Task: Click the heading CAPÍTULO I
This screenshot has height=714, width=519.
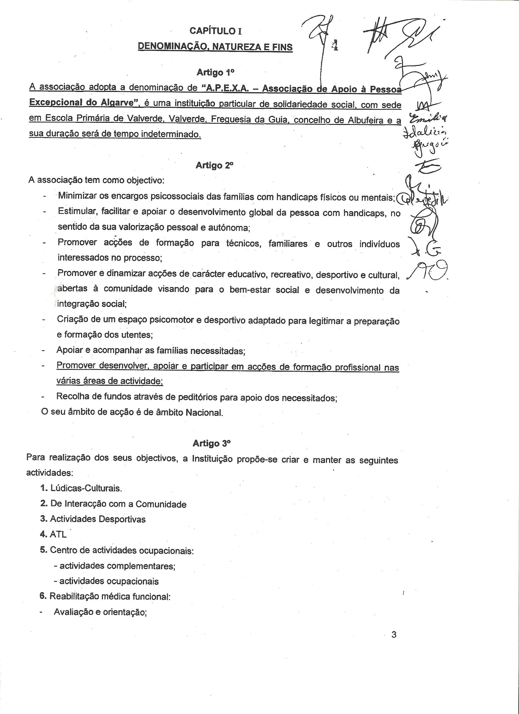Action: click(x=216, y=31)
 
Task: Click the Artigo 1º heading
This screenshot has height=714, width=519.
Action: click(x=216, y=72)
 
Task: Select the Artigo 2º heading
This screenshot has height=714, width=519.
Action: click(x=214, y=165)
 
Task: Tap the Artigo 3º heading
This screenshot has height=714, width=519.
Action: click(x=212, y=443)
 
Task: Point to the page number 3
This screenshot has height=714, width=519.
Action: click(x=394, y=635)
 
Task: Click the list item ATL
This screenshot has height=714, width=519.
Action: click(x=58, y=534)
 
